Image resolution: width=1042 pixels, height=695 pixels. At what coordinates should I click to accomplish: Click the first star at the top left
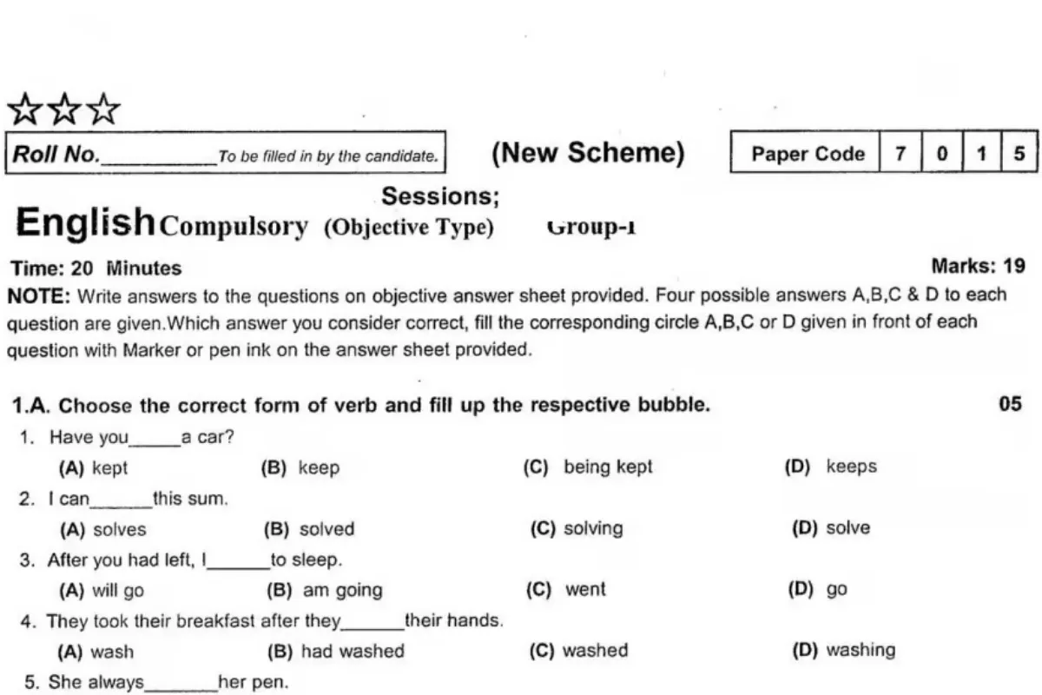point(24,111)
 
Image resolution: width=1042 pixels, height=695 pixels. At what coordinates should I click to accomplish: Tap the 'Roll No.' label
point(56,155)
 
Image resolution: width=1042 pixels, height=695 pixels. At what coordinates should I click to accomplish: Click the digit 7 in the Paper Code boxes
point(900,154)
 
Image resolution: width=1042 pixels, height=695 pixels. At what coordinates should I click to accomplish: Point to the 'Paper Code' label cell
point(808,155)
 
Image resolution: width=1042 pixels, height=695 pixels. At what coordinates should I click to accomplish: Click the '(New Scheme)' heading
point(588,154)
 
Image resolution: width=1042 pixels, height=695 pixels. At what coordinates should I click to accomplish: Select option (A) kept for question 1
point(94,467)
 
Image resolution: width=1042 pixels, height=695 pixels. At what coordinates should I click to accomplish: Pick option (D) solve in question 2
point(831,527)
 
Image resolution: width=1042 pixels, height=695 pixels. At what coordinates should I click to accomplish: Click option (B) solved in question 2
point(310,528)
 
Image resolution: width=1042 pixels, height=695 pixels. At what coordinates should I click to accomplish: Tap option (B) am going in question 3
point(326,590)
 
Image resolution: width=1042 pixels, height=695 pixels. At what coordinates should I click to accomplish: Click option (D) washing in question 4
point(844,650)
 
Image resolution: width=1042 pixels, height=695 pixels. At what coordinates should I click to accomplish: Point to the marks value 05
point(1011,404)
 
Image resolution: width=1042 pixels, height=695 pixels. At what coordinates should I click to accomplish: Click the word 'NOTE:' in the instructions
point(38,295)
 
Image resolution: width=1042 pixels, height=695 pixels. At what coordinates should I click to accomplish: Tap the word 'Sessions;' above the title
point(441,197)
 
